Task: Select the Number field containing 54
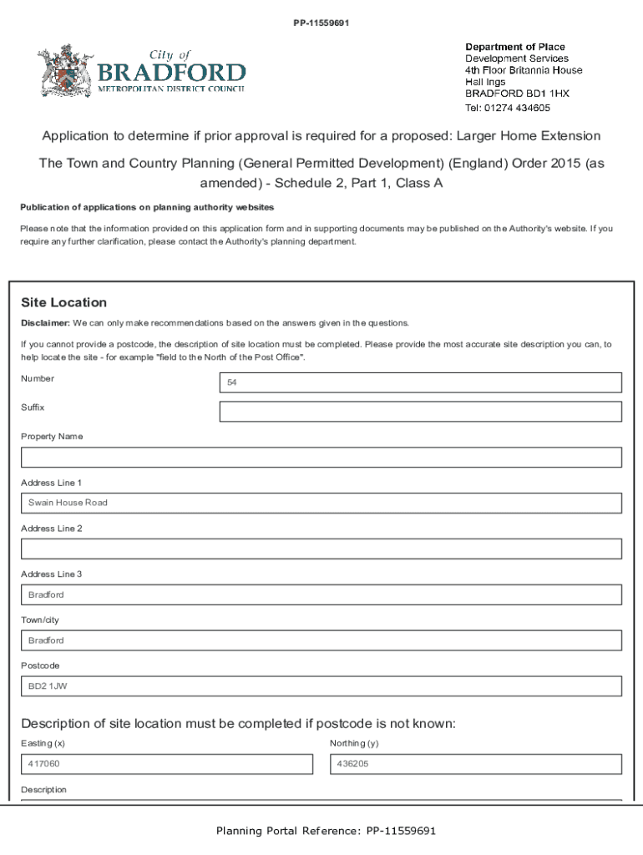click(420, 382)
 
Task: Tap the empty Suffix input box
click(420, 412)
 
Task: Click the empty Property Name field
click(321, 458)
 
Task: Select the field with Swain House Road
click(321, 503)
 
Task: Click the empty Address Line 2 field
click(321, 549)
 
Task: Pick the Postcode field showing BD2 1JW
click(321, 686)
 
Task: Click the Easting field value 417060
click(167, 764)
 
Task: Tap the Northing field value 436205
click(476, 764)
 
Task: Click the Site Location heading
click(63, 302)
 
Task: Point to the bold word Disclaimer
click(44, 323)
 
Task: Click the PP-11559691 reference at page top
click(321, 23)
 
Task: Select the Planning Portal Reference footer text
click(326, 831)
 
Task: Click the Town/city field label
click(40, 620)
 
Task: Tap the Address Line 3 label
click(51, 574)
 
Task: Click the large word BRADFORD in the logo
click(172, 73)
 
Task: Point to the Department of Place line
click(514, 47)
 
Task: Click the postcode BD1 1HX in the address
click(547, 94)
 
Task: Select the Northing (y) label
click(354, 743)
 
